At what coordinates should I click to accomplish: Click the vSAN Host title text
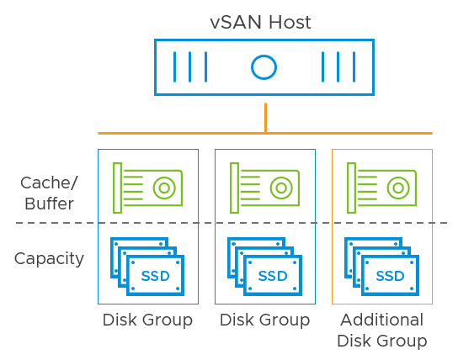260,22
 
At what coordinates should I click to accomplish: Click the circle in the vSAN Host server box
264,66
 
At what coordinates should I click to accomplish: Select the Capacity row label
49,258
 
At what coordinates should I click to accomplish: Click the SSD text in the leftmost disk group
155,276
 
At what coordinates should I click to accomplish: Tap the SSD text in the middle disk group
272,276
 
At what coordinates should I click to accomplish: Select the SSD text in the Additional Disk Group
389,276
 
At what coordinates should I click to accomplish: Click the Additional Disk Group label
381,331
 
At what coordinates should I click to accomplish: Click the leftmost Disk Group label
147,320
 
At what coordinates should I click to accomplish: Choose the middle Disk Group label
264,320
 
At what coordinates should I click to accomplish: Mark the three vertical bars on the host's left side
189,66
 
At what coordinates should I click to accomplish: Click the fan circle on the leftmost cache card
166,187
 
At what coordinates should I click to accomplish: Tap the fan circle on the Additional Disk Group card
400,187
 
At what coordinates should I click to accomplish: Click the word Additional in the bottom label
381,320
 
